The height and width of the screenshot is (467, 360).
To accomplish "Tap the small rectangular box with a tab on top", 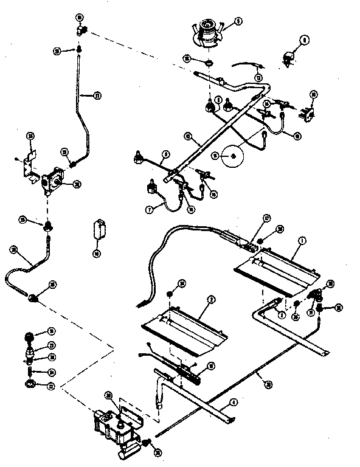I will [x=99, y=229].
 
